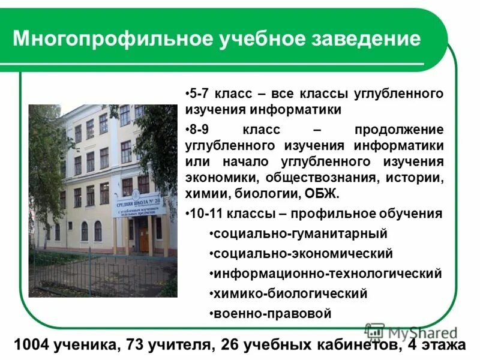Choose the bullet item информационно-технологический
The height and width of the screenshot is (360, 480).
pyautogui.click(x=327, y=274)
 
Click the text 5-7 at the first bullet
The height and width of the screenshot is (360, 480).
pyautogui.click(x=199, y=94)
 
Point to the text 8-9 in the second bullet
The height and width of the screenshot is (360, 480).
pyautogui.click(x=199, y=130)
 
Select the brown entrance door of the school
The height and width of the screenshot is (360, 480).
pyautogui.click(x=143, y=236)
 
